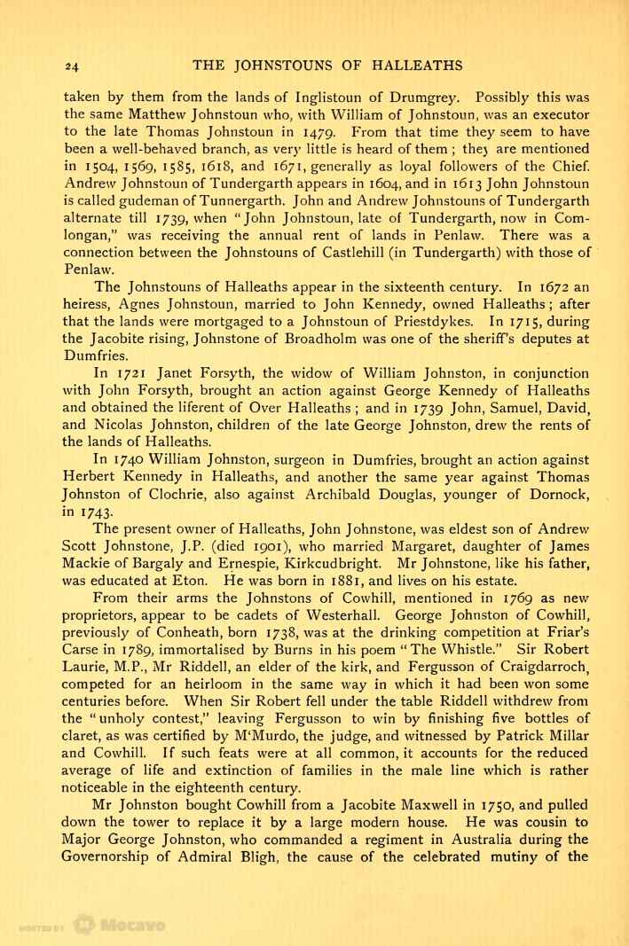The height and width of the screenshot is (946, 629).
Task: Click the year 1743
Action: tap(86, 512)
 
